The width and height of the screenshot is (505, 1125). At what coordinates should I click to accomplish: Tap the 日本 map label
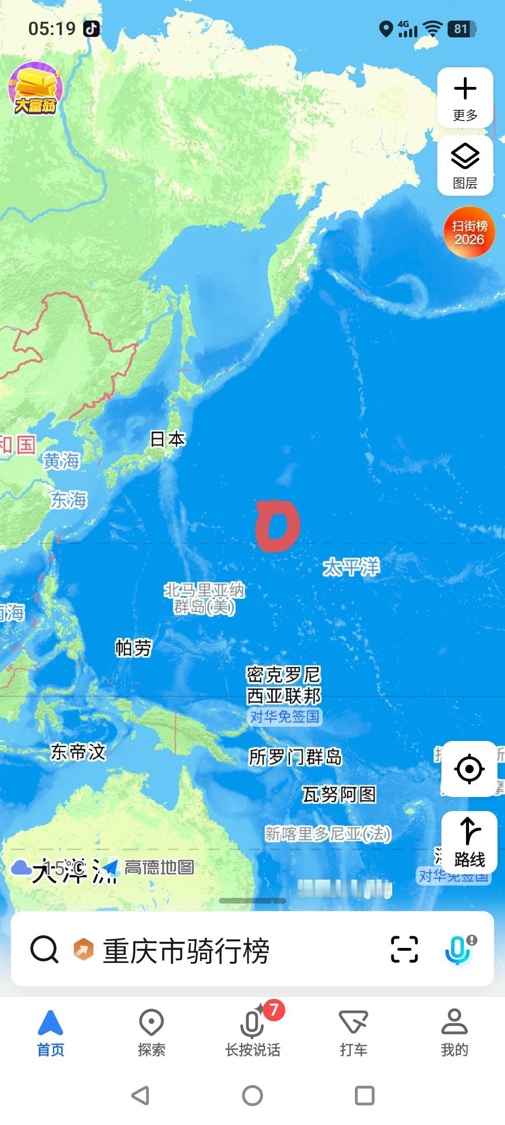pos(167,439)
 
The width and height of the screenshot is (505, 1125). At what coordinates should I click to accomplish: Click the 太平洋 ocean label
pos(351,567)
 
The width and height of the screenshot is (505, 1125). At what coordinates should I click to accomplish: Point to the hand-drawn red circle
pos(277,526)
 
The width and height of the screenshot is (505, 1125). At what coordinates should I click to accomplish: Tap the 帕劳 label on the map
pos(134,648)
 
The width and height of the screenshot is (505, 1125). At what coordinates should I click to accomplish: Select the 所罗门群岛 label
pos(295,757)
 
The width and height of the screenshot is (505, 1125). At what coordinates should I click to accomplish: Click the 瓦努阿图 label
pos(339,794)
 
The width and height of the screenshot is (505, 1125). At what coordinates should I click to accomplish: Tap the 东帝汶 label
pos(78,752)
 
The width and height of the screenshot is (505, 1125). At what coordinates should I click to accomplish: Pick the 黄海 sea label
pos(62,461)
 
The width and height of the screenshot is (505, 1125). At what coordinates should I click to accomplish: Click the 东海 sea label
pos(69,500)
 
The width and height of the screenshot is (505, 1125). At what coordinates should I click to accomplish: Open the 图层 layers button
pos(465,165)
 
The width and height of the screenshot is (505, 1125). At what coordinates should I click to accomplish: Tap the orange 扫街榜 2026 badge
pos(469,232)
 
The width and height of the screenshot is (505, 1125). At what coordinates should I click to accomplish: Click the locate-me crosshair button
pos(469,769)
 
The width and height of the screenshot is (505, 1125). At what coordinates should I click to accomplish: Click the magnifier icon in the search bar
pos(44,949)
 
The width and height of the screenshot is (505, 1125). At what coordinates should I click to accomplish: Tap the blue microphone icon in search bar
pos(458,949)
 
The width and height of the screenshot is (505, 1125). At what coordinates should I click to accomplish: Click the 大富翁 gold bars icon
pos(36,89)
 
